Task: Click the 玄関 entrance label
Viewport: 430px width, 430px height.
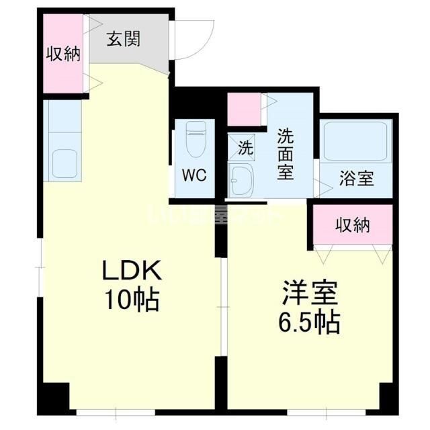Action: click(x=124, y=39)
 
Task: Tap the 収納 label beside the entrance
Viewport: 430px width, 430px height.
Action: click(x=62, y=54)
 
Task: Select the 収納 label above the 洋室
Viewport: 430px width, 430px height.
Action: click(x=353, y=226)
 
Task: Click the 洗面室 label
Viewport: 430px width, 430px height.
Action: click(x=285, y=154)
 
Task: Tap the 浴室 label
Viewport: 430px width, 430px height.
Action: click(x=356, y=180)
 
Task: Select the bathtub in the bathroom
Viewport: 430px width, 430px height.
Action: click(x=356, y=140)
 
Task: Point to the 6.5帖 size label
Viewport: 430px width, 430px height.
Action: click(x=309, y=324)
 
